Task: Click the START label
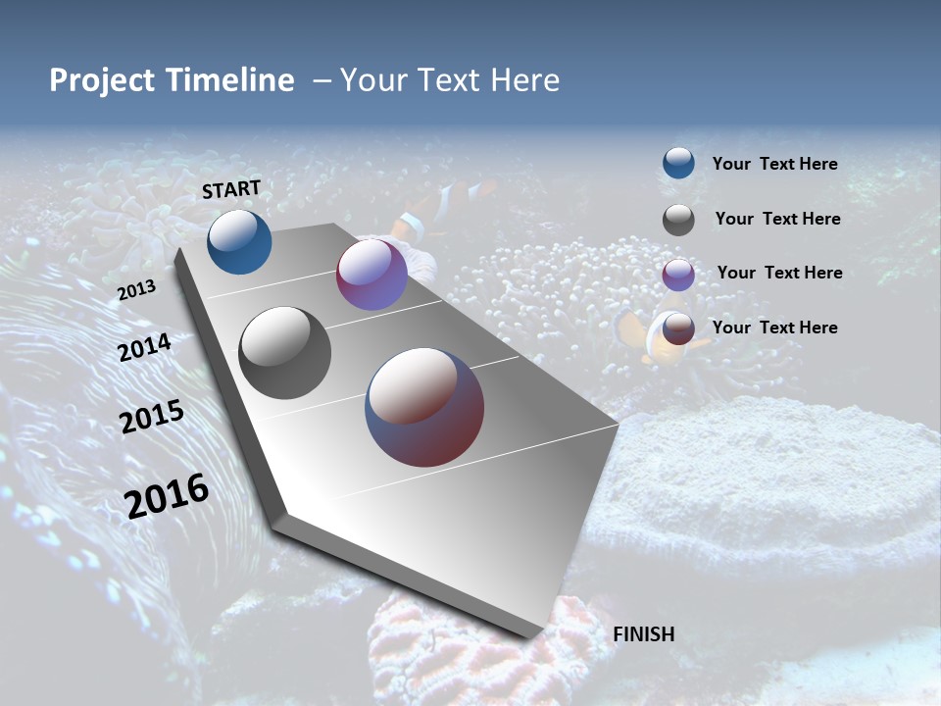[x=231, y=189]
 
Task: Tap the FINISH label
[x=644, y=634]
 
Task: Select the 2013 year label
[x=137, y=290]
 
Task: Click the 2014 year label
[x=145, y=347]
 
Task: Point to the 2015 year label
[x=152, y=416]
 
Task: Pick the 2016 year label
[x=167, y=496]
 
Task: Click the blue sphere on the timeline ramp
[x=239, y=241]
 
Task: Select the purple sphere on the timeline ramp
[x=371, y=275]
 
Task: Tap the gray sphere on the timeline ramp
[x=285, y=353]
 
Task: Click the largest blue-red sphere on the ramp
[x=424, y=407]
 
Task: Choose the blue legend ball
[x=678, y=163]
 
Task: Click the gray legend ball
[x=678, y=220]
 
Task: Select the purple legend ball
[x=678, y=275]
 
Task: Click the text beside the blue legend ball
[x=774, y=165]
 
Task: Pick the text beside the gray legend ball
[x=777, y=219]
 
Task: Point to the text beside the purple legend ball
[x=779, y=273]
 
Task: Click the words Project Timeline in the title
[x=172, y=80]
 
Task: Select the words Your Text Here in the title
[x=449, y=80]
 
